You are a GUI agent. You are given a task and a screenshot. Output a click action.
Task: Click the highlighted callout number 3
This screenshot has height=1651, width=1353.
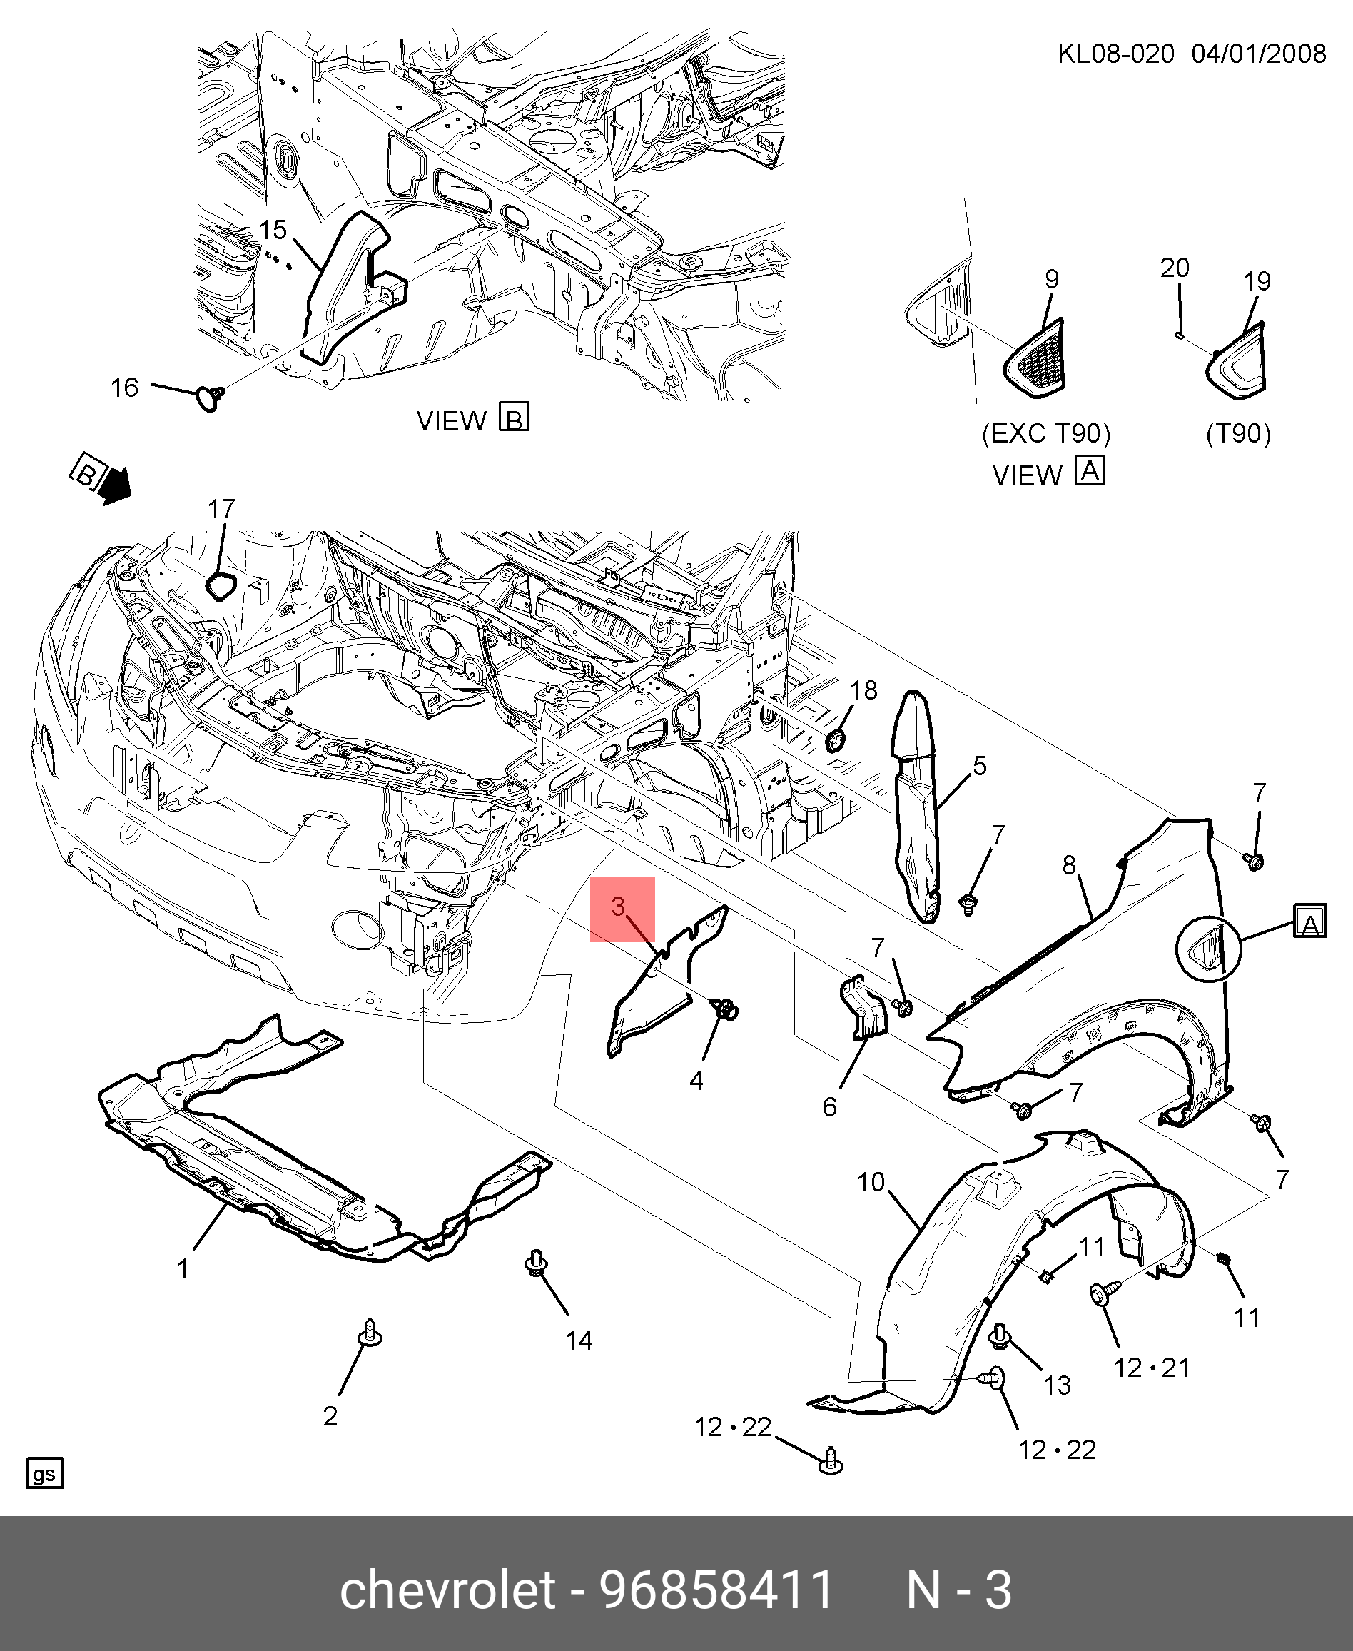click(x=619, y=907)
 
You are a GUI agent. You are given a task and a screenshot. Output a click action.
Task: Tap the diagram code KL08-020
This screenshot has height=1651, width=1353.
click(x=1115, y=54)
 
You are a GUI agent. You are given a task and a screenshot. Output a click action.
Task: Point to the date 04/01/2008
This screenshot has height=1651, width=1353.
click(x=1258, y=54)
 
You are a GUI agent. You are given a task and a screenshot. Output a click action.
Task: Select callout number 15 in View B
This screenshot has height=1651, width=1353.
click(x=273, y=230)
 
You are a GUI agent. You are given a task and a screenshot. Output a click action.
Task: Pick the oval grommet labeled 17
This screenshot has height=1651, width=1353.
click(x=219, y=585)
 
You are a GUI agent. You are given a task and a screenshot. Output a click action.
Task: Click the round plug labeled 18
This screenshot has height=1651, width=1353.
click(x=836, y=739)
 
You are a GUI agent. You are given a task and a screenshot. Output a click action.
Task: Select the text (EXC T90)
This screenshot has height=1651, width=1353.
click(x=1046, y=433)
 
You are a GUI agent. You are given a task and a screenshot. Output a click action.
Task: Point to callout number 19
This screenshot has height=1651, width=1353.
click(x=1257, y=281)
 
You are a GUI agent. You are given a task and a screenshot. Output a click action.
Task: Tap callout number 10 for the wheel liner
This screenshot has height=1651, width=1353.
click(x=871, y=1183)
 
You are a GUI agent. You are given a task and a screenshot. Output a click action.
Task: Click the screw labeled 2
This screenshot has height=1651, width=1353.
click(x=370, y=1332)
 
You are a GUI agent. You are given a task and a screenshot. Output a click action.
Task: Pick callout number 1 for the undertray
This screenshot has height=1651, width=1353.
click(x=183, y=1269)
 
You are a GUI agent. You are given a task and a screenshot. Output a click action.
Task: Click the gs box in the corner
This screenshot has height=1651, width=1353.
click(x=44, y=1473)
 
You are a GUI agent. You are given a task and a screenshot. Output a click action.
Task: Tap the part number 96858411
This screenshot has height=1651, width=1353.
click(x=716, y=1590)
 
